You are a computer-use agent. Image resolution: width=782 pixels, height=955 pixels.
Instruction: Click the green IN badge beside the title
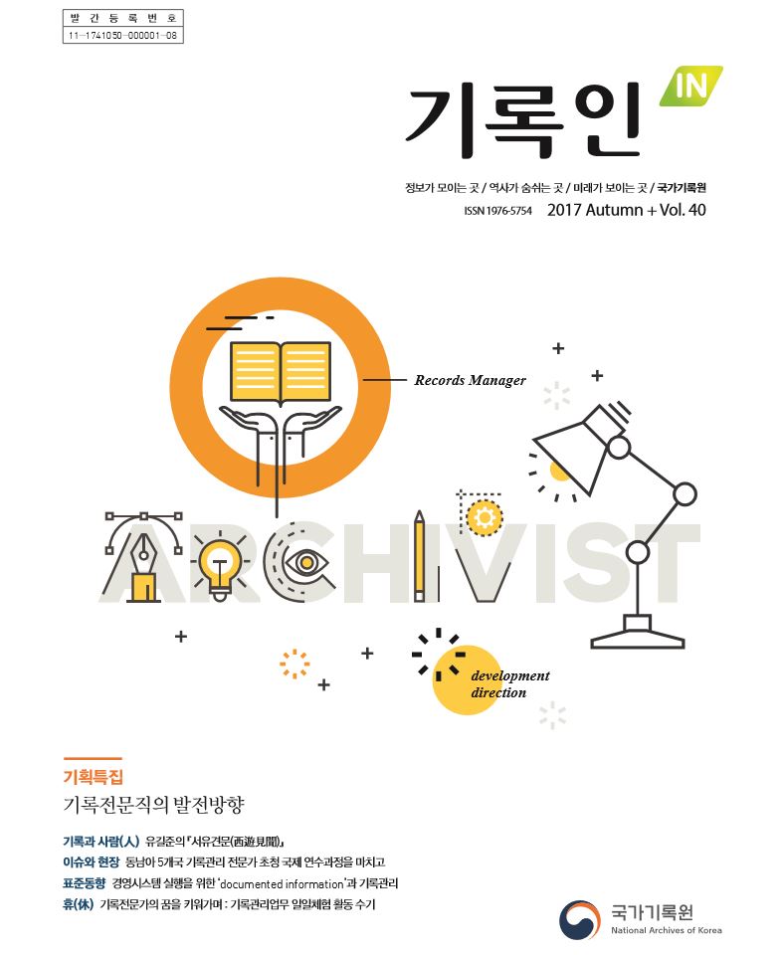tap(691, 87)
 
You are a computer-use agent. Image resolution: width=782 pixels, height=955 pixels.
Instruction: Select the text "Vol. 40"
tap(683, 210)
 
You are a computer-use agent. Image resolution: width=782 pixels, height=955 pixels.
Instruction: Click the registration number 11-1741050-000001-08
tap(122, 36)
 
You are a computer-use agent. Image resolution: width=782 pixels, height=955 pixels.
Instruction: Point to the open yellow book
tap(281, 372)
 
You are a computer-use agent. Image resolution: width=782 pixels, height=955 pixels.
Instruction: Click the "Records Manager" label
tap(470, 380)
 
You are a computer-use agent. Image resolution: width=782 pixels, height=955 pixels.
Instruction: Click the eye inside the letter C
tap(307, 561)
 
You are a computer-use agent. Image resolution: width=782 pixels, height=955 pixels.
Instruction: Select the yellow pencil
tap(419, 555)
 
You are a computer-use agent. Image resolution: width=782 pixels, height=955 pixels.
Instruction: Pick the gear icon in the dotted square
tap(485, 517)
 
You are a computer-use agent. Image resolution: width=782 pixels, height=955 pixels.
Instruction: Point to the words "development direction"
tap(509, 684)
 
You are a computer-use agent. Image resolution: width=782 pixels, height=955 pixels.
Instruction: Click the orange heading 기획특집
tap(94, 777)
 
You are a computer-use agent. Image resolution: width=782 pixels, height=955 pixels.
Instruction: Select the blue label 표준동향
tap(84, 883)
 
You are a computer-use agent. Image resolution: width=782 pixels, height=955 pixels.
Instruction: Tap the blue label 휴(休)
tap(78, 904)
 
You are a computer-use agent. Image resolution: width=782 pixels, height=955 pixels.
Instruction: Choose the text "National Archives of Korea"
tap(667, 930)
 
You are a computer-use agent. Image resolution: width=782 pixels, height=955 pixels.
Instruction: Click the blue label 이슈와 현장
tap(92, 862)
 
